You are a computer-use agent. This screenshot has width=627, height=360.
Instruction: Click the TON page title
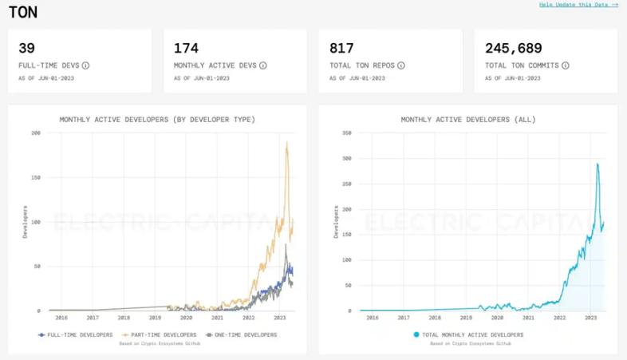tap(22, 12)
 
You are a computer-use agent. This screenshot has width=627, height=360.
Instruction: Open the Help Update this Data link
tap(578, 5)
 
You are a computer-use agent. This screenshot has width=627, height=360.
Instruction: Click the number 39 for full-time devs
tap(26, 49)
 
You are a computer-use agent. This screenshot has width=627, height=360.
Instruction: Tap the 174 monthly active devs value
tap(186, 49)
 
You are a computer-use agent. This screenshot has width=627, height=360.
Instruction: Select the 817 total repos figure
tap(341, 49)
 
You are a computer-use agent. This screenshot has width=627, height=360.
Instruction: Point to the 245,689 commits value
tap(514, 49)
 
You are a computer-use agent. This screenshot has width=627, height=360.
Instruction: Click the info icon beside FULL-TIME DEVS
tap(85, 65)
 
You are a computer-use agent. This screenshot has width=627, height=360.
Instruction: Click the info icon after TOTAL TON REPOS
tap(401, 65)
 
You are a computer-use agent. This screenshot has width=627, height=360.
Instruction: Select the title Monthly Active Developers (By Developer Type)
tap(157, 120)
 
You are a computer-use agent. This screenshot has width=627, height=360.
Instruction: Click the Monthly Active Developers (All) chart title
tap(468, 120)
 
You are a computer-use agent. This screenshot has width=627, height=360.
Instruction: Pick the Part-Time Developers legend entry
tap(160, 334)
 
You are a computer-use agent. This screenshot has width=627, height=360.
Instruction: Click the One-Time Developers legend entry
tap(241, 334)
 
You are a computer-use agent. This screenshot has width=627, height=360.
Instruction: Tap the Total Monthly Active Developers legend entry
tap(468, 334)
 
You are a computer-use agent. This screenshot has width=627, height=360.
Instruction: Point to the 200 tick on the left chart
tap(35, 133)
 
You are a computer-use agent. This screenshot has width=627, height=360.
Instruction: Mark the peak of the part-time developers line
tap(286, 143)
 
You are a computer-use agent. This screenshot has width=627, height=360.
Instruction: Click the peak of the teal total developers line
tap(597, 164)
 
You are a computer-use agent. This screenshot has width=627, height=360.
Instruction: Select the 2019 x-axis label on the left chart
tap(155, 317)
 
